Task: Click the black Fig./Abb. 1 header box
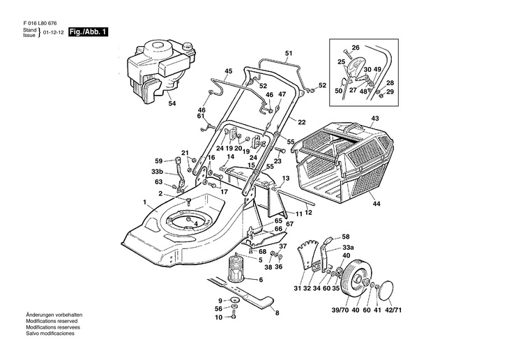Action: tap(88, 32)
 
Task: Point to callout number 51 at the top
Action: tap(289, 54)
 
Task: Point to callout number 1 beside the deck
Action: tap(145, 203)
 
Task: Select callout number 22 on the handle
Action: tap(301, 122)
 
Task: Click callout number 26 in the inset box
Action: tap(355, 48)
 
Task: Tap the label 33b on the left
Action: tap(157, 172)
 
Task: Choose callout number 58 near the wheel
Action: tap(345, 237)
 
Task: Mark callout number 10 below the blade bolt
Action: tap(218, 317)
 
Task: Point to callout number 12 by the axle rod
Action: tap(308, 212)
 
